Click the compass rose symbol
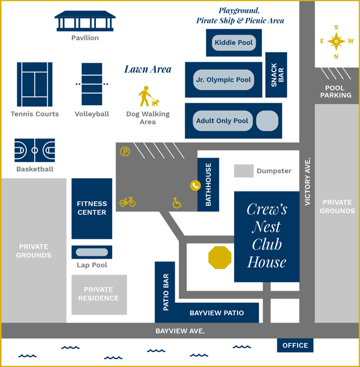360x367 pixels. coord(336,41)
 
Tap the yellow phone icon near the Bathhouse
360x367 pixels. coord(195,186)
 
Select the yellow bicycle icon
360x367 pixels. coord(127,202)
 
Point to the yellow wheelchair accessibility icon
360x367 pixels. coord(177,203)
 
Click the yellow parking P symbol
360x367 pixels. coord(125,152)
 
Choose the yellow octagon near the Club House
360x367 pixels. coord(220,258)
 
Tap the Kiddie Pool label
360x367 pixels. coord(234,43)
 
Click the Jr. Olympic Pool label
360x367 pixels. coord(224,79)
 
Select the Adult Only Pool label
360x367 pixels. coord(222,121)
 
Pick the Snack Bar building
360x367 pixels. coord(276,75)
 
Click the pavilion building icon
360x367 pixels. coord(85,22)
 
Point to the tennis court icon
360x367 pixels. coord(34,85)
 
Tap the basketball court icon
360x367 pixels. coord(34,150)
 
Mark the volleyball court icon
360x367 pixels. coord(92,85)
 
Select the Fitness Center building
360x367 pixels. coord(92,208)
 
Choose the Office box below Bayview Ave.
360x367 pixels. coord(295,345)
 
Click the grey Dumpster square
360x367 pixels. coord(244,171)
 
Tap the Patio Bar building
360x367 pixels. coord(165,293)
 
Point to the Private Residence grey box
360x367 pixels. coord(99,294)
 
